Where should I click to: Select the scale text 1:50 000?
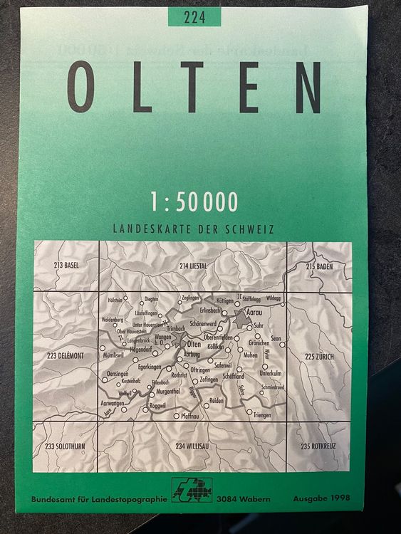tap(194, 202)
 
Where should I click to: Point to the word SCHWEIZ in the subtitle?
tap(251, 230)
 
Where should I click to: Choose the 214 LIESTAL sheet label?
tap(194, 266)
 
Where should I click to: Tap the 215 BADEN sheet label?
tap(319, 266)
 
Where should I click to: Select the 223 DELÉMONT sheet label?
tap(65, 355)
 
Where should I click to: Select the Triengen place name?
tap(261, 414)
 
